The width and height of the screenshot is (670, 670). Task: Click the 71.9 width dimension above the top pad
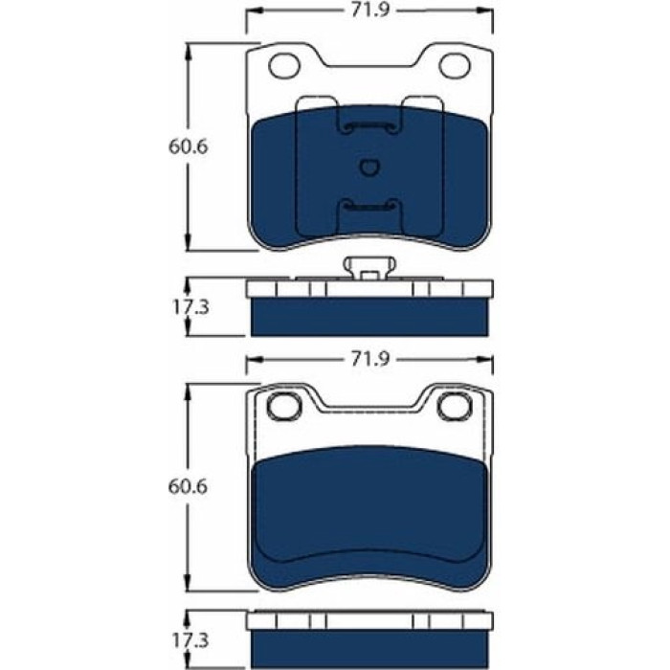point(370,11)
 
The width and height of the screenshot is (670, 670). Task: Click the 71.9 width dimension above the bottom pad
point(370,359)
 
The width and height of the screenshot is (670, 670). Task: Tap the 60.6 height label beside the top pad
point(188,147)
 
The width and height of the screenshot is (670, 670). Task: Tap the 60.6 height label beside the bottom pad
point(188,486)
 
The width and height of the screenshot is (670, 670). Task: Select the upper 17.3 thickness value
point(190,307)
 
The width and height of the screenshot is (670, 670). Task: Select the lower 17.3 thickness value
point(190,640)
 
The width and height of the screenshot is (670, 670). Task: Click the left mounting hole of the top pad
point(284,66)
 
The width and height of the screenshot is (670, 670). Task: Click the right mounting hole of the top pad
point(455,66)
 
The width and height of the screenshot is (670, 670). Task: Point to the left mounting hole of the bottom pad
point(284,406)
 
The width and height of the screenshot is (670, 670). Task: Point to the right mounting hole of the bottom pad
point(455,406)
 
